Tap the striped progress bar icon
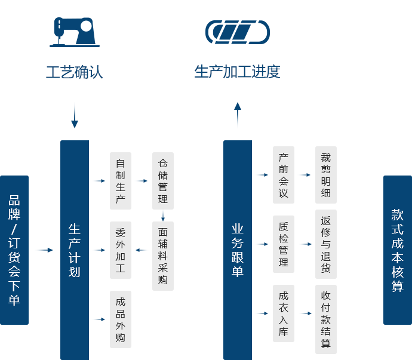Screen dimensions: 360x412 coord(237,32)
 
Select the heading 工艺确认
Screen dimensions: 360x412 coord(75,72)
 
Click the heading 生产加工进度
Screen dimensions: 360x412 coord(237,72)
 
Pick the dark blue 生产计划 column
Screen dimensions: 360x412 coord(74,250)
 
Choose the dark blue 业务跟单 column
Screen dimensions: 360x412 coord(237,250)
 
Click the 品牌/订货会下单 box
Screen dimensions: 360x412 coord(14,250)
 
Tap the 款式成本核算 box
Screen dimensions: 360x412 coord(397,250)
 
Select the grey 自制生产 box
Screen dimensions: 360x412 coord(121,181)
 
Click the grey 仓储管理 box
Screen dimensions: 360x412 coord(163,181)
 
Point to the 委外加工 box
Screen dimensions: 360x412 coord(121,250)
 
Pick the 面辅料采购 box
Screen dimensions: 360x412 coord(163,256)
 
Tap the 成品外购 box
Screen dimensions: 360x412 coord(121,319)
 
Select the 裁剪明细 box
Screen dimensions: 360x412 coord(325,175)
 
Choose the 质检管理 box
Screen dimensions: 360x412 coord(284,244)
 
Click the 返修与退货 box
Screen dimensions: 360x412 coord(325,244)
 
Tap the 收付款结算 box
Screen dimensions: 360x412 coord(325,319)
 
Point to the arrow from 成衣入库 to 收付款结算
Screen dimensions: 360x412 coord(306,313)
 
